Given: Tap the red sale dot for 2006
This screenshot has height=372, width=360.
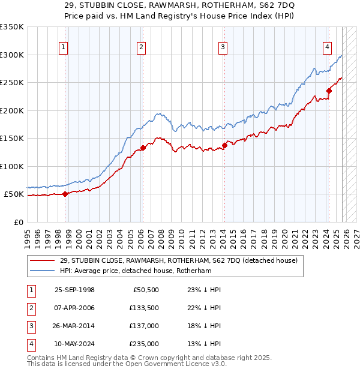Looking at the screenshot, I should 143,148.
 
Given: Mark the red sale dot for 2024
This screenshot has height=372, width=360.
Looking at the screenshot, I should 329,91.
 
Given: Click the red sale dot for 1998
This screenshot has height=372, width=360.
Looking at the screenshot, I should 65,194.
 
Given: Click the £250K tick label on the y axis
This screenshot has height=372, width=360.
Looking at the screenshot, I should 12,83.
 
